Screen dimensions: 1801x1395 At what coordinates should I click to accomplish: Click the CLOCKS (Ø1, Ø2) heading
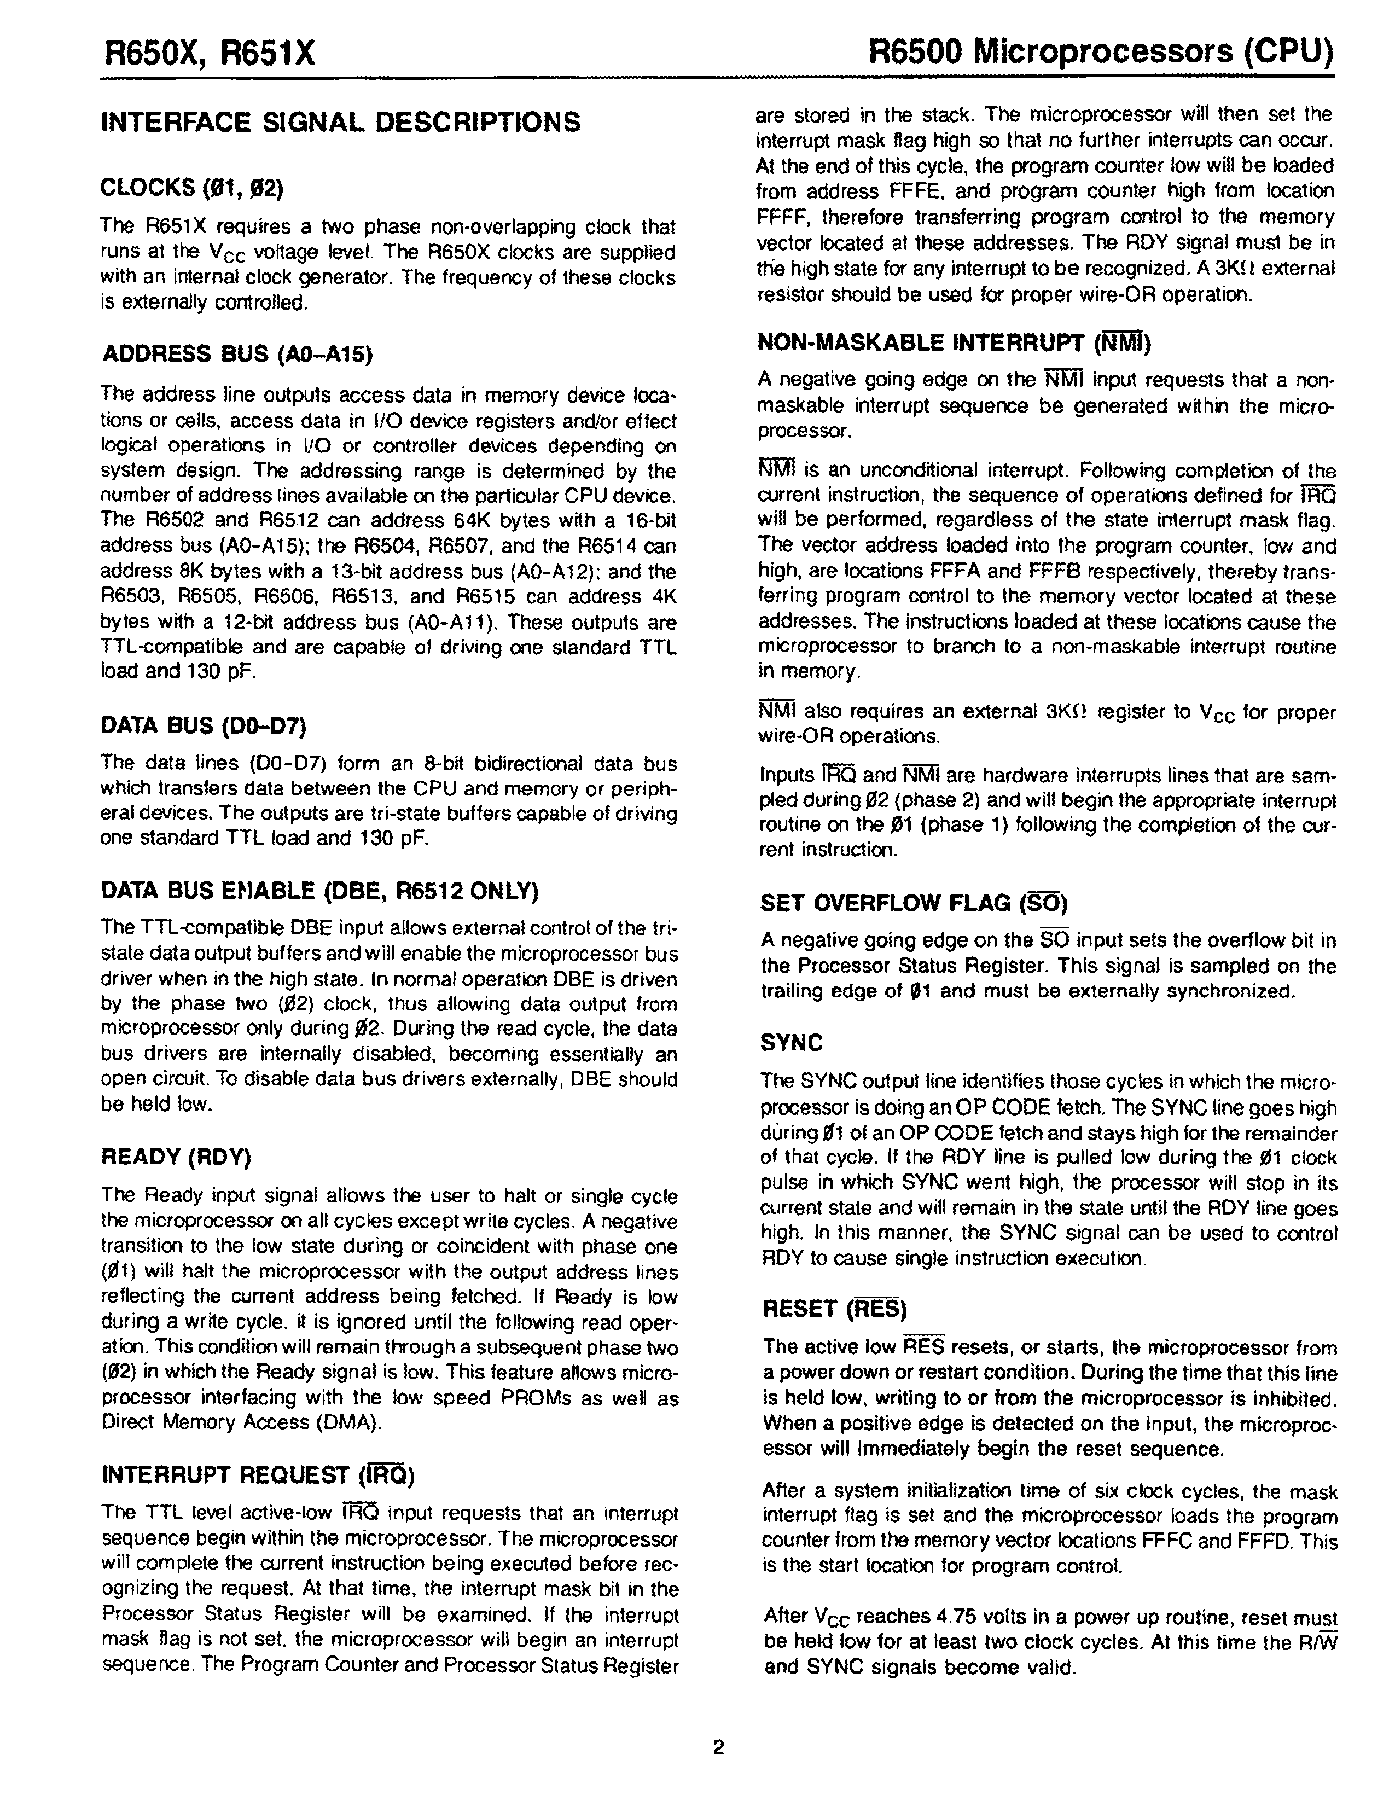pyautogui.click(x=192, y=188)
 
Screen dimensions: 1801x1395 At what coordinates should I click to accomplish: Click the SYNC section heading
pyautogui.click(x=792, y=1043)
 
